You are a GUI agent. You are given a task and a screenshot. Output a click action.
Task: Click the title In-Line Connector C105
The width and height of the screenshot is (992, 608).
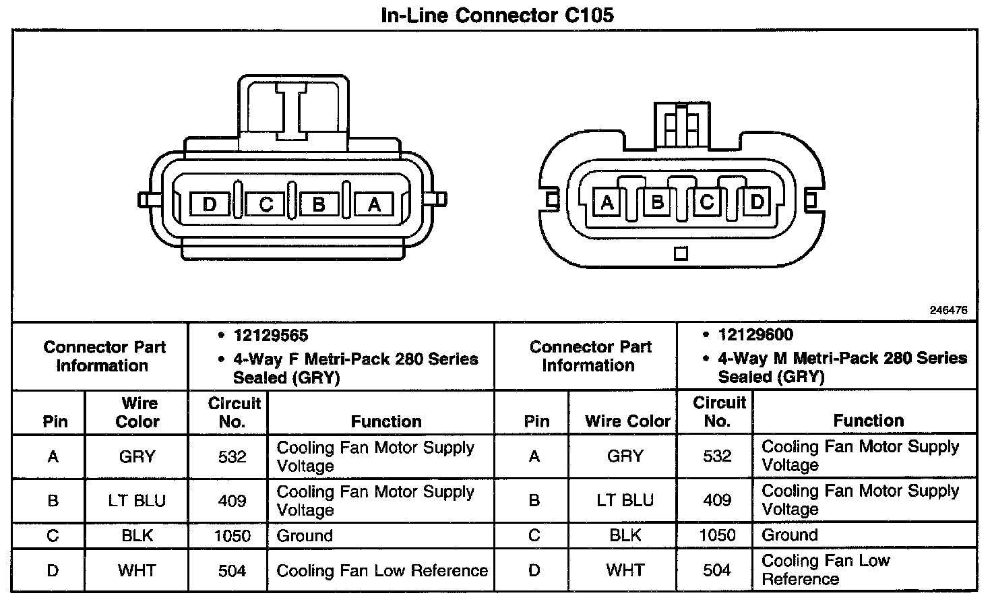pos(497,15)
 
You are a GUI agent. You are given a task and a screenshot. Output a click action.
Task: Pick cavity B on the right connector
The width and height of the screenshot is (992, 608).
pos(656,202)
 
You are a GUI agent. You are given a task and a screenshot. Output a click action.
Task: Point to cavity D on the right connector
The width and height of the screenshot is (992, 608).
pos(757,202)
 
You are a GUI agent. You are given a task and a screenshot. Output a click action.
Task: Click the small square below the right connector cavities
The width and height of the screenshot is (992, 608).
pos(681,254)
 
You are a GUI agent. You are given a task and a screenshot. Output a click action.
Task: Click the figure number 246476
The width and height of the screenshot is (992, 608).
pos(948,311)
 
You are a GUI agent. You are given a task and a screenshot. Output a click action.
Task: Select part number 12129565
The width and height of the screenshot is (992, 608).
pos(271,336)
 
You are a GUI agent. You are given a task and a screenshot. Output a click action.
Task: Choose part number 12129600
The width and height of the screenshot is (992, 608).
pos(755,335)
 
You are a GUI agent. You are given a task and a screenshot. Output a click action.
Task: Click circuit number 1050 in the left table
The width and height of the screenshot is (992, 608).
pos(232,536)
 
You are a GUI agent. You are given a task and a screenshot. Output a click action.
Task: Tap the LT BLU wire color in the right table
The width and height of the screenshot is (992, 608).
pos(625,500)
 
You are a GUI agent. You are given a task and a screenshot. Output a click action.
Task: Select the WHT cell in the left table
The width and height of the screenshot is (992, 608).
pos(137,571)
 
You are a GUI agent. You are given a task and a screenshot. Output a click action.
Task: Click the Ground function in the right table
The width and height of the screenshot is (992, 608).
pos(790,535)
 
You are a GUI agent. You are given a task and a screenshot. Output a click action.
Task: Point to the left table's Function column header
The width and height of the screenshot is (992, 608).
pos(386,421)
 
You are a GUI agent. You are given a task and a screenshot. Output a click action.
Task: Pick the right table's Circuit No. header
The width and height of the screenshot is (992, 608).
pos(718,412)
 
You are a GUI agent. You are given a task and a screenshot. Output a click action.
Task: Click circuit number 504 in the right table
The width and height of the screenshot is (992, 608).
pos(717,570)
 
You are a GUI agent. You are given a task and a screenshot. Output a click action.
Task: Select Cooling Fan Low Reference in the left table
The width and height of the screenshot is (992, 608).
pos(382,571)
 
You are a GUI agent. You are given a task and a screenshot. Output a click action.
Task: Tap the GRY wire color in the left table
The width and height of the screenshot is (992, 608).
pos(137,457)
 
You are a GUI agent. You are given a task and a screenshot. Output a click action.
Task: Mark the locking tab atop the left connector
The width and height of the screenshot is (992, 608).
pos(293,108)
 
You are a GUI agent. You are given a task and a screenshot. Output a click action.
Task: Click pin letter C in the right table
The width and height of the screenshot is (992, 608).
pos(534,535)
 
